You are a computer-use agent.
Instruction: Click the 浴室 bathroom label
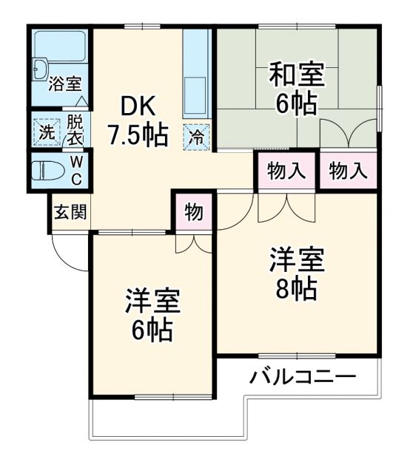pyautogui.click(x=64, y=84)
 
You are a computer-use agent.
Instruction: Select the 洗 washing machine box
pyautogui.click(x=46, y=133)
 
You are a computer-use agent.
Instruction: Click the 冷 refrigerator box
pyautogui.click(x=197, y=136)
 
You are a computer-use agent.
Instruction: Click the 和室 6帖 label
pyautogui.click(x=296, y=89)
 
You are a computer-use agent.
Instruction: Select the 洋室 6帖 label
pyautogui.click(x=152, y=315)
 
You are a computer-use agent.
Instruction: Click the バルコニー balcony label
pyautogui.click(x=302, y=375)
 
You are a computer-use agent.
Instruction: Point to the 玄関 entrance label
pyautogui.click(x=70, y=212)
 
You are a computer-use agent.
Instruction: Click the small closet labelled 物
pyautogui.click(x=194, y=212)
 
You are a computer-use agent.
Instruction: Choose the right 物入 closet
pyautogui.click(x=348, y=171)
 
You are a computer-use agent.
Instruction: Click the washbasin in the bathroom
pyautogui.click(x=39, y=72)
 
